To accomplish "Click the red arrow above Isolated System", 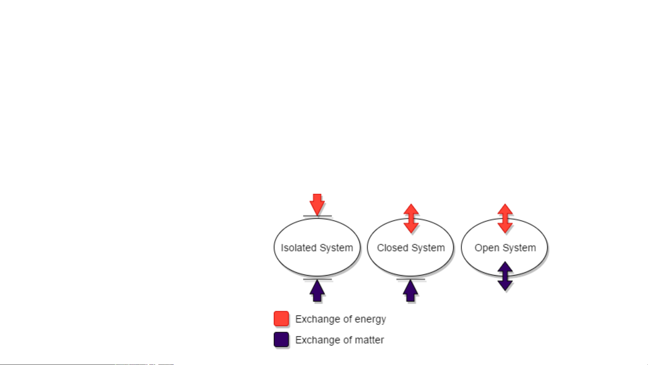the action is pos(317,205).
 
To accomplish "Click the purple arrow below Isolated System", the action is pos(317,291).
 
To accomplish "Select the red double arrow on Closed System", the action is pos(411,218).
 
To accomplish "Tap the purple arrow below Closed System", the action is pos(411,291).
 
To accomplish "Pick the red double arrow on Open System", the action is pos(505,218).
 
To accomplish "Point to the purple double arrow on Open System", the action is pos(505,276).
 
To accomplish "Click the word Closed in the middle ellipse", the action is pos(393,248).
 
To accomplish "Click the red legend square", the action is pos(281,319).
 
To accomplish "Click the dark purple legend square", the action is pos(281,340).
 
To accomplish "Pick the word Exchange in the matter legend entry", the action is pos(317,340).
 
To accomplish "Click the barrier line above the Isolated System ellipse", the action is pos(317,216).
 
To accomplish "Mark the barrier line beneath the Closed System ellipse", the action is pos(411,280).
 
